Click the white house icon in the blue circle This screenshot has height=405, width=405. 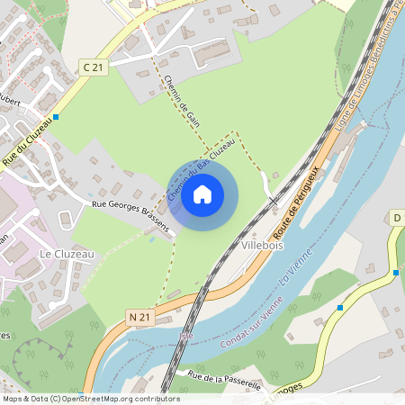(x=202, y=193)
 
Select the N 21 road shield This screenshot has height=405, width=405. (x=139, y=317)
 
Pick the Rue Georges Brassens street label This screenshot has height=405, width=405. (x=131, y=217)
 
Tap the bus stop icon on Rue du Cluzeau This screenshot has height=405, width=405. (x=57, y=117)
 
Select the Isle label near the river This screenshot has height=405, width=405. (x=187, y=336)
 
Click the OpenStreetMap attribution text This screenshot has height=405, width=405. (x=90, y=398)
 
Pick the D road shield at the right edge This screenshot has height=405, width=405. (x=396, y=218)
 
